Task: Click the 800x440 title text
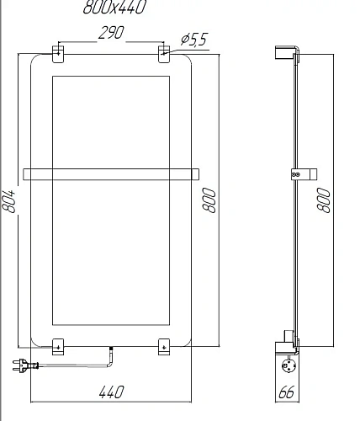click(114, 9)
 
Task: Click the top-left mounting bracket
click(58, 53)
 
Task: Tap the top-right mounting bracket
click(164, 53)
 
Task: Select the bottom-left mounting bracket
click(58, 345)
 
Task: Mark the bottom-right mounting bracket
click(164, 345)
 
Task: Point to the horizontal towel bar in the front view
click(112, 174)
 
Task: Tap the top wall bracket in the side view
click(285, 52)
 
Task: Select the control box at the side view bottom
click(289, 365)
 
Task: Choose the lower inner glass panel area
click(112, 253)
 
